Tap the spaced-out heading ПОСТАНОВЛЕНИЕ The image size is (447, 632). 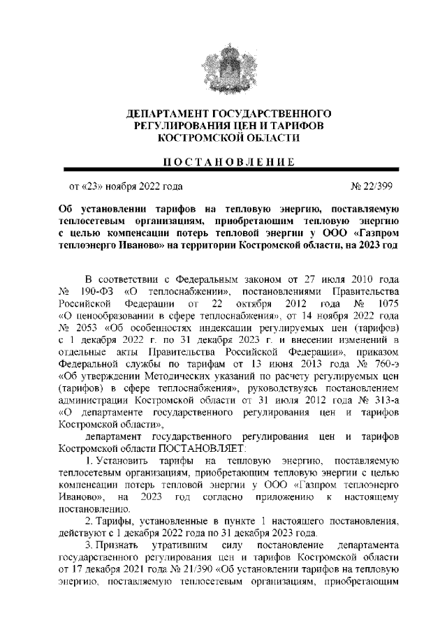pos(223,162)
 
